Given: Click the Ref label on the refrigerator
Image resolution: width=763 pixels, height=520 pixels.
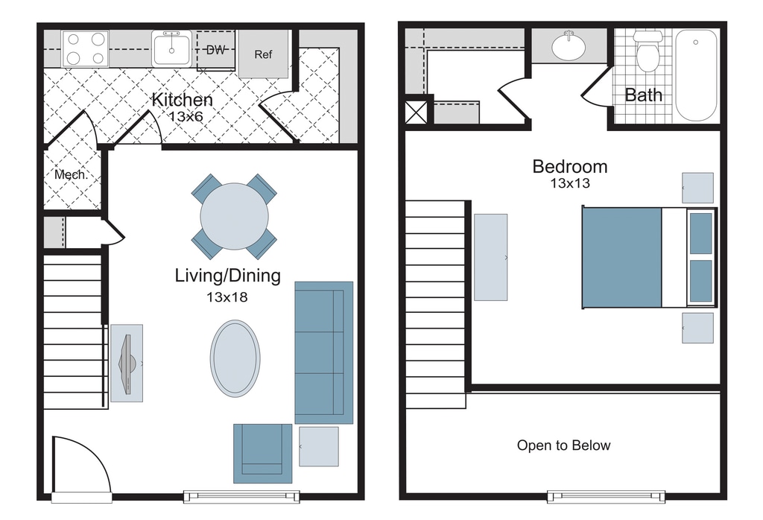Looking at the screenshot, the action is (263, 54).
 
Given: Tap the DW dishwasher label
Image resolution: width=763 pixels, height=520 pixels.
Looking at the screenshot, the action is (215, 50).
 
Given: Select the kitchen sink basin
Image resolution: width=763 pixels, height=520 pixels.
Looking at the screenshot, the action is (171, 48).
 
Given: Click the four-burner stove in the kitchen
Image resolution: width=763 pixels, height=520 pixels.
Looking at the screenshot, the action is (86, 48).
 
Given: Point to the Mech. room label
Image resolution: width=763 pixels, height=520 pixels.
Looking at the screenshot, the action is (71, 174).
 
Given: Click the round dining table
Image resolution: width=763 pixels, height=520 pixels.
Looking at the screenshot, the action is (234, 217).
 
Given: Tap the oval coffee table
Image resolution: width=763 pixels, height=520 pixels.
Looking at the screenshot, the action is (235, 358).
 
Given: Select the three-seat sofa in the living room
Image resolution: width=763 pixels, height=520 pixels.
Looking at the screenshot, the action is (323, 352).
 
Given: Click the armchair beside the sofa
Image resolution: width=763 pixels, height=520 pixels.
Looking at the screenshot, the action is (263, 454).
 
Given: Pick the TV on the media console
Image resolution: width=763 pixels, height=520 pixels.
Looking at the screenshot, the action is (127, 364).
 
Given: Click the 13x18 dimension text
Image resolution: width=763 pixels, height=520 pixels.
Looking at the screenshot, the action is (227, 297).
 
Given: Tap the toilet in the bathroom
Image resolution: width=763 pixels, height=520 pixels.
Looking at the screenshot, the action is (648, 51).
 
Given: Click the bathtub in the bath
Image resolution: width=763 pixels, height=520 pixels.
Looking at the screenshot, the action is (696, 75).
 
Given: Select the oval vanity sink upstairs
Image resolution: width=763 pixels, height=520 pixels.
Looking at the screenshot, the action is (569, 46).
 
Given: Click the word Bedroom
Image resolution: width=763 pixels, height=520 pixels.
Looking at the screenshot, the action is (570, 167).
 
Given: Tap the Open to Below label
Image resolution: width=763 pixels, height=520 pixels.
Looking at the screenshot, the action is (563, 446).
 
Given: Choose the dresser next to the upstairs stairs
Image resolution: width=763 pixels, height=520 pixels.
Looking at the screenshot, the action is (490, 257).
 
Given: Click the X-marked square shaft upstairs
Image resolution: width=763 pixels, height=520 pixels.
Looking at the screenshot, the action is (417, 112).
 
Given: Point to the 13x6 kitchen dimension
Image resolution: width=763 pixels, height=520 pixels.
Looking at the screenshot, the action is (186, 117).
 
